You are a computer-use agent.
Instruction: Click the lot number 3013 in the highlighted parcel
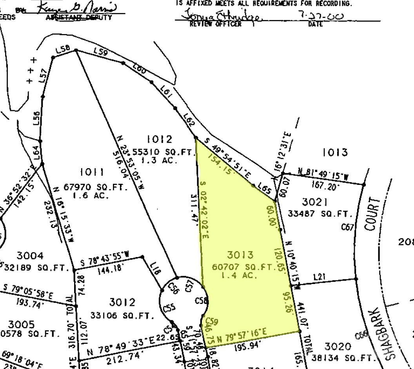[x=240, y=255]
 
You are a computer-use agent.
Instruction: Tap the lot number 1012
[x=159, y=139]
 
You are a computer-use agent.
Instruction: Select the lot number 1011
[x=92, y=172]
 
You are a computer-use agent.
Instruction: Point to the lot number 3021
[x=315, y=202]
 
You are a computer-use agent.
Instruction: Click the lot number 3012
[x=122, y=302]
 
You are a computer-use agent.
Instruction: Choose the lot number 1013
[x=335, y=152]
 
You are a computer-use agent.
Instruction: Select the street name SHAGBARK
[x=388, y=333]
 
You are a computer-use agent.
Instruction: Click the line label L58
[x=63, y=49]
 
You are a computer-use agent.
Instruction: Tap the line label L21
[x=319, y=277]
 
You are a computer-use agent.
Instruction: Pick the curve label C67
[x=347, y=227]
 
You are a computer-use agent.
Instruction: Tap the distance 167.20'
[x=325, y=187]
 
